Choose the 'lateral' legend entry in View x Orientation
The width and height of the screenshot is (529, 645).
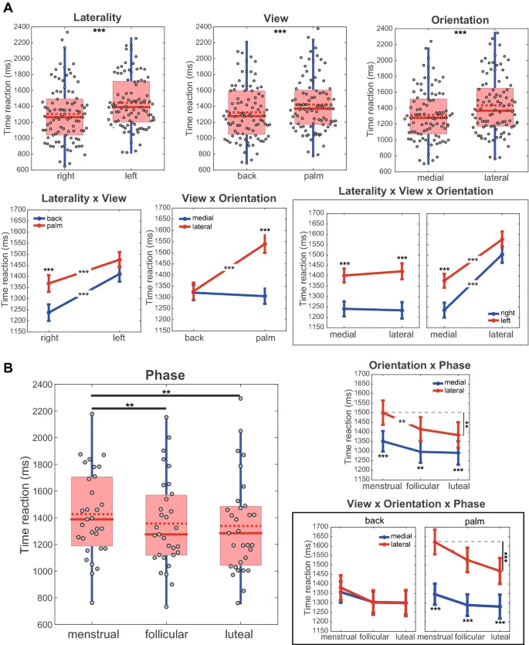click(x=202, y=229)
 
